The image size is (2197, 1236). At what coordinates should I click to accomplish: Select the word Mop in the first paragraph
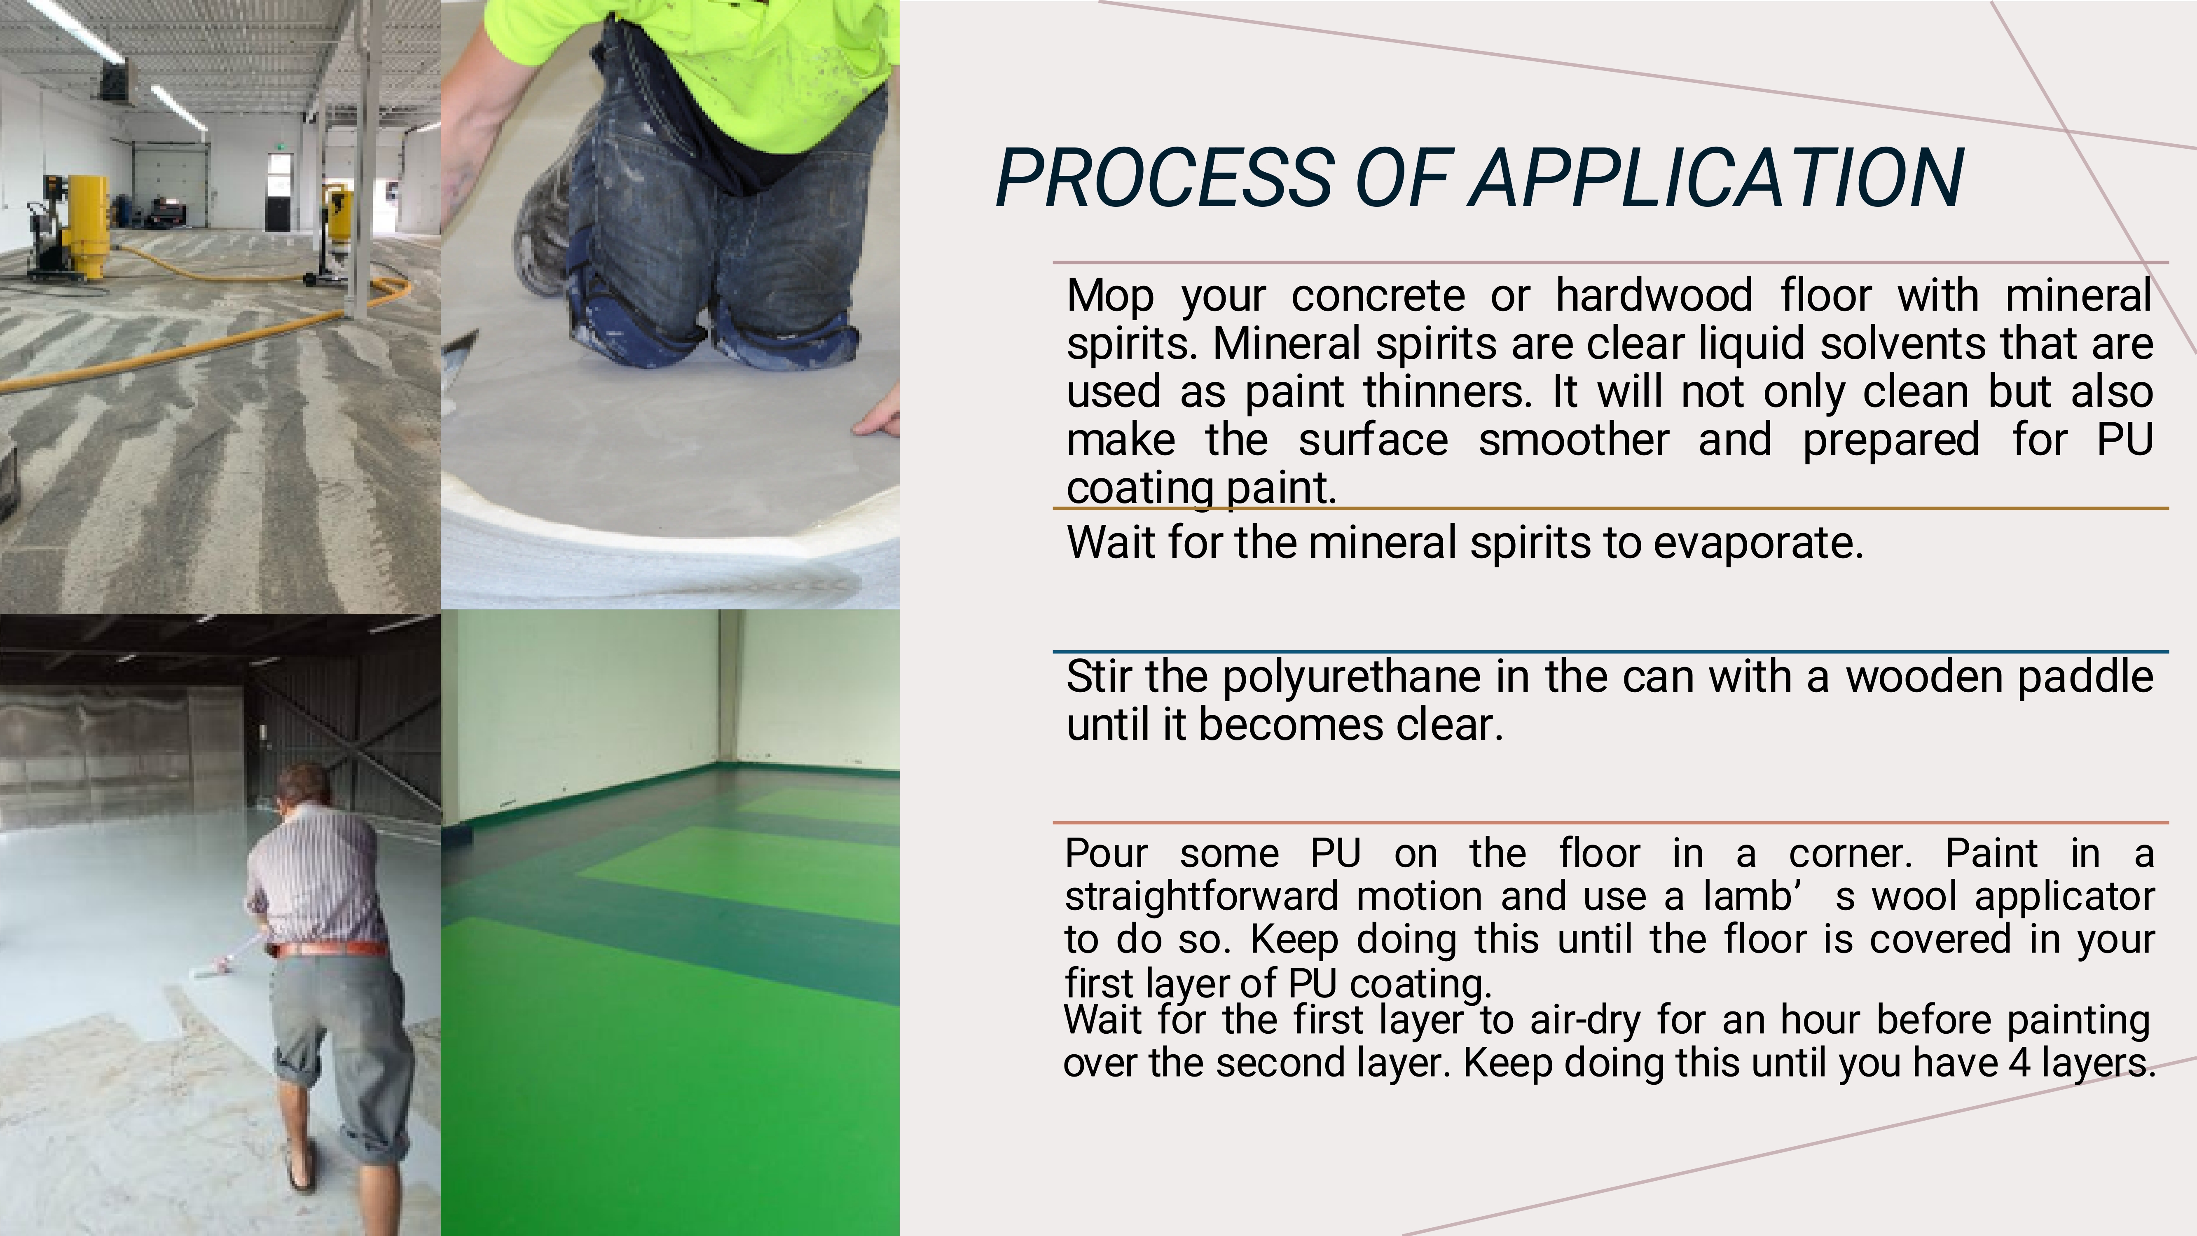click(1110, 297)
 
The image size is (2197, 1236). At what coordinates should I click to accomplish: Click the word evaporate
click(1759, 543)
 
